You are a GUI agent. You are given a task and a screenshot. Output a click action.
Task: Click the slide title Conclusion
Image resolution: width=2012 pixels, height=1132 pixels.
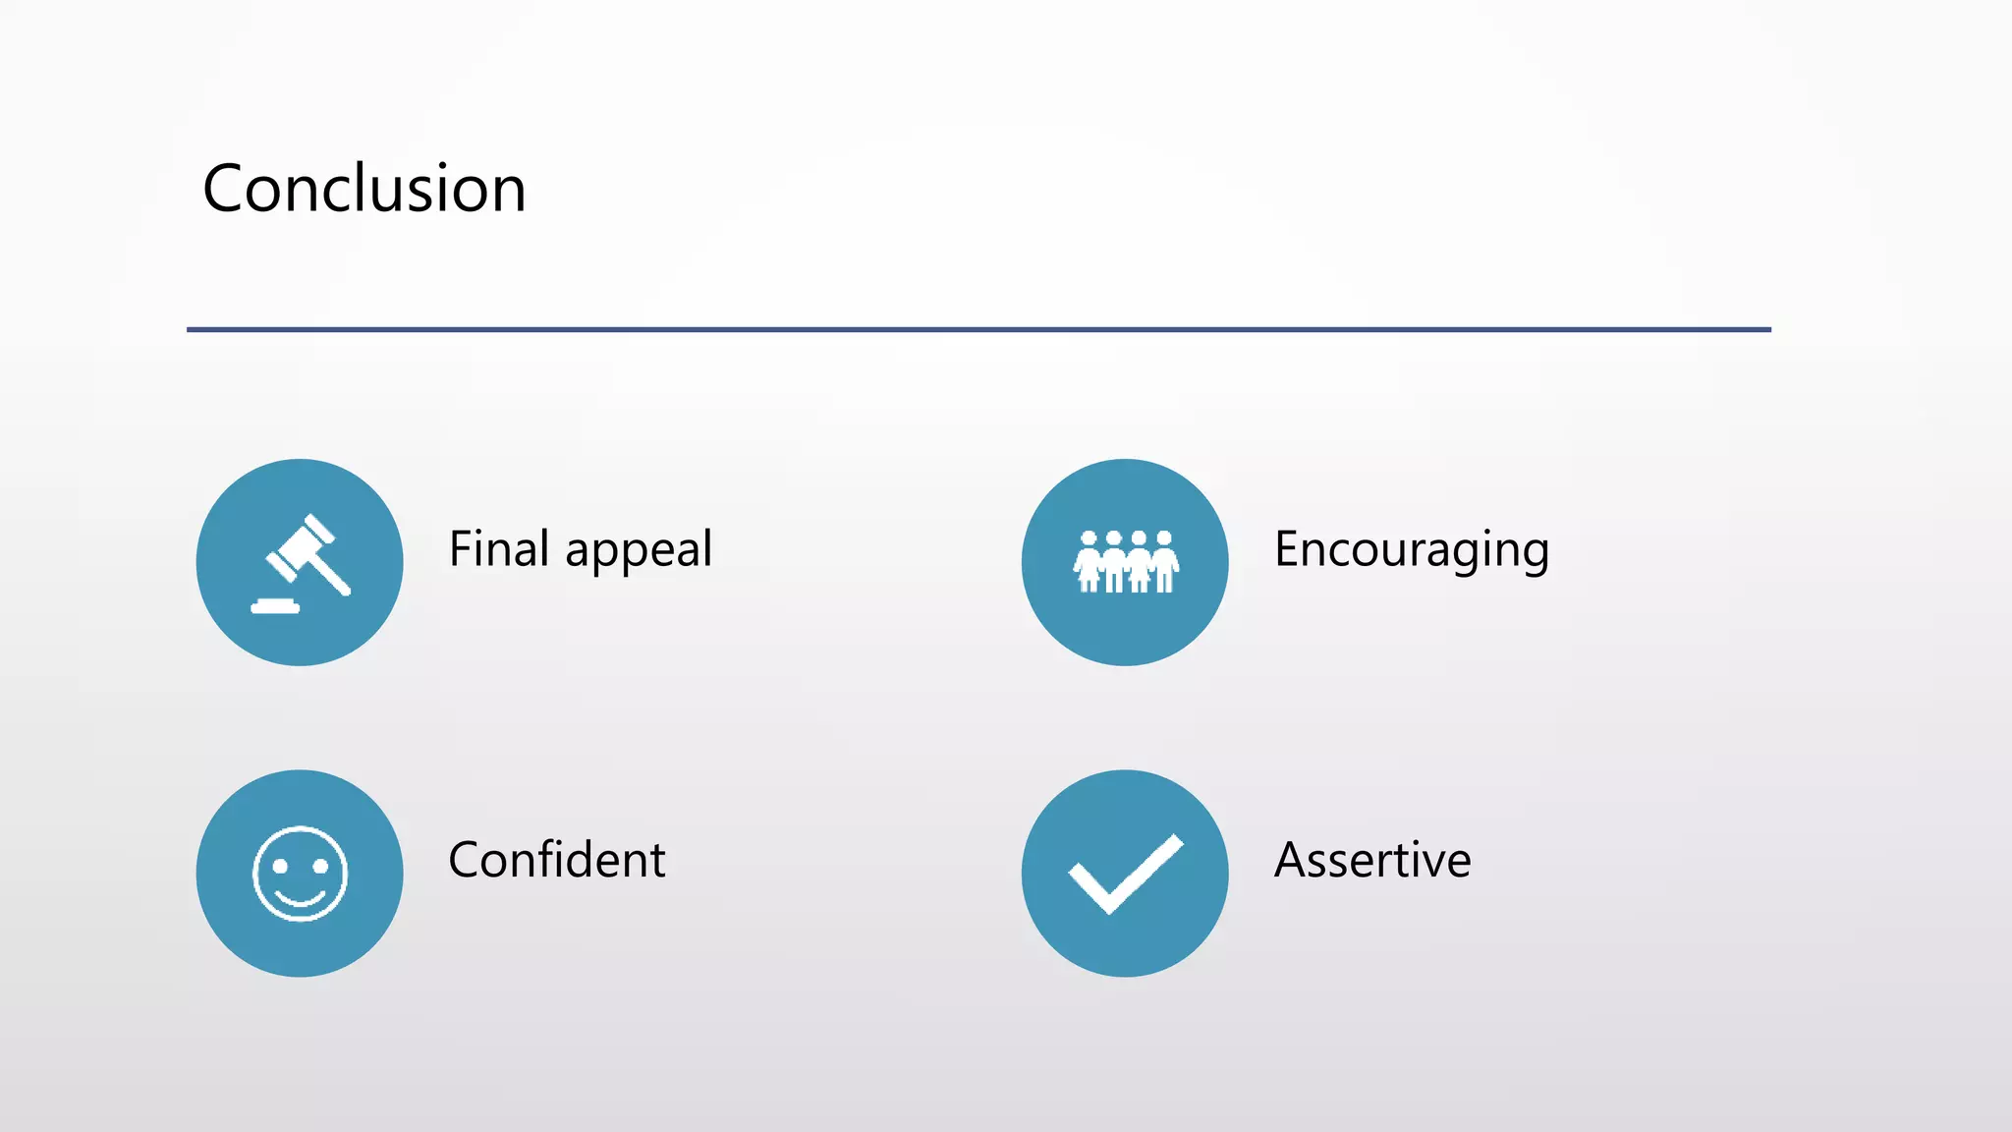pyautogui.click(x=364, y=189)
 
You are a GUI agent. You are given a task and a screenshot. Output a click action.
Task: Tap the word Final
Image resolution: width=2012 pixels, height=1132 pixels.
pyautogui.click(x=498, y=548)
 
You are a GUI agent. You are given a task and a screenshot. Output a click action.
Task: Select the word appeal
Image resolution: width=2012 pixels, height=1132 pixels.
pyautogui.click(x=639, y=550)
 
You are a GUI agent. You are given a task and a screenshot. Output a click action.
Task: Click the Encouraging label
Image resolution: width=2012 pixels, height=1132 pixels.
pyautogui.click(x=1412, y=550)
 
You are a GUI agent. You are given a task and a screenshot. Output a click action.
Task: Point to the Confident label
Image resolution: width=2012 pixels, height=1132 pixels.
pyautogui.click(x=557, y=860)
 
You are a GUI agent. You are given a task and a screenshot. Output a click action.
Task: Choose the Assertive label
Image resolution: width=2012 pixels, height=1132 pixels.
pyautogui.click(x=1372, y=860)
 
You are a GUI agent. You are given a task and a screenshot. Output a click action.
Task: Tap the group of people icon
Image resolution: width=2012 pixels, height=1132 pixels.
pyautogui.click(x=1125, y=562)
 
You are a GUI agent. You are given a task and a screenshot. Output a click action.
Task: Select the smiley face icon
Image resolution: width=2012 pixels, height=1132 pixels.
pyautogui.click(x=300, y=874)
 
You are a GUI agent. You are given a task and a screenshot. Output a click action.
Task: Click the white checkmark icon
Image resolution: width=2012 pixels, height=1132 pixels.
pyautogui.click(x=1125, y=874)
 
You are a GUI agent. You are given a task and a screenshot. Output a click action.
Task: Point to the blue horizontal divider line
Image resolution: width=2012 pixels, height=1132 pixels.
pyautogui.click(x=978, y=329)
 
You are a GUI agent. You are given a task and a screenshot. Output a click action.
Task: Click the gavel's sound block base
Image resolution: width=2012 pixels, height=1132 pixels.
pyautogui.click(x=275, y=606)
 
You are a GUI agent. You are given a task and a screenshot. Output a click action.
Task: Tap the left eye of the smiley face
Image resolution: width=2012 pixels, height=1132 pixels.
pyautogui.click(x=280, y=866)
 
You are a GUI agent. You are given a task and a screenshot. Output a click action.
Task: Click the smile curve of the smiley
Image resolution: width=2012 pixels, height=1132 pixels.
pyautogui.click(x=300, y=898)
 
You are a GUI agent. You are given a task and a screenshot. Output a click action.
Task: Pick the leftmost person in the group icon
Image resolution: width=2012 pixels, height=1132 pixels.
pyautogui.click(x=1088, y=562)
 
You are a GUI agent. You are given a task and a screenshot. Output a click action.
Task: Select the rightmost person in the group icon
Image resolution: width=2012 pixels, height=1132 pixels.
pyautogui.click(x=1164, y=562)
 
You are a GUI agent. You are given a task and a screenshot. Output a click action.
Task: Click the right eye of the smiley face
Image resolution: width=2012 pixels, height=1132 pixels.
pyautogui.click(x=320, y=866)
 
